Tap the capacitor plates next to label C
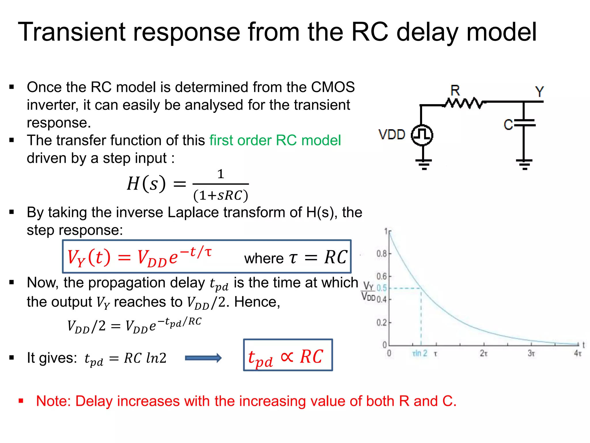tap(524, 123)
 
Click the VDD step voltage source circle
tap(422, 135)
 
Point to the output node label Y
tap(539, 92)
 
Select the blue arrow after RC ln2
tap(203, 358)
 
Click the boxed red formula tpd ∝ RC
tap(288, 355)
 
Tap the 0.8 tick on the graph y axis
tap(382, 254)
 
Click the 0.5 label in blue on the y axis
tap(381, 288)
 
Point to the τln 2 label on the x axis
tap(420, 353)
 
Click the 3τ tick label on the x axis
tap(531, 353)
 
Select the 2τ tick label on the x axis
tap(484, 353)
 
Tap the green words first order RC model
tap(275, 140)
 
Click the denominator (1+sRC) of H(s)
tap(220, 196)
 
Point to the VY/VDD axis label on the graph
tap(368, 291)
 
